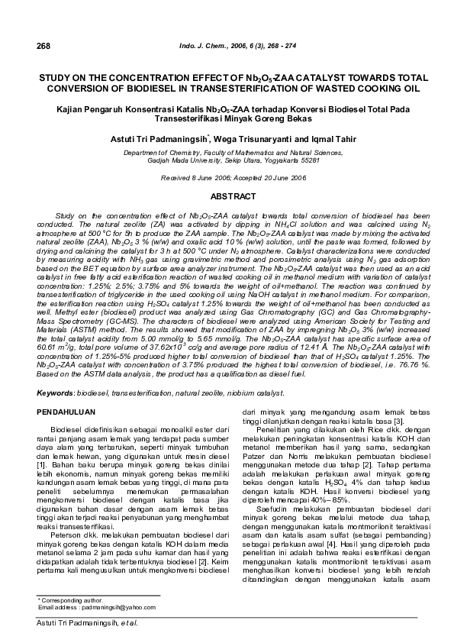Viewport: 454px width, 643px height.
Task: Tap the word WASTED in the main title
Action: pos(335,89)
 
